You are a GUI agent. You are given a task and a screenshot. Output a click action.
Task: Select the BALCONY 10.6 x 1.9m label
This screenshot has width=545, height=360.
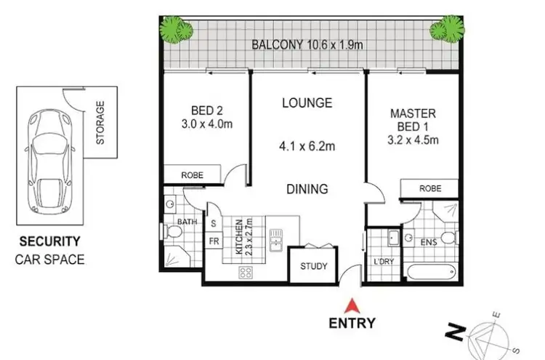click(x=307, y=44)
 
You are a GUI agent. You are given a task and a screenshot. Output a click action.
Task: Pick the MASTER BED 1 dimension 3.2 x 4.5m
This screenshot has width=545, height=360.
click(x=413, y=140)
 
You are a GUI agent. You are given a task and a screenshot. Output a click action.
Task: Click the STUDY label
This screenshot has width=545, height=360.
click(x=314, y=265)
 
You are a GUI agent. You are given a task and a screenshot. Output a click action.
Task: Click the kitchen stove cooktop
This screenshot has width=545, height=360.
click(x=246, y=273)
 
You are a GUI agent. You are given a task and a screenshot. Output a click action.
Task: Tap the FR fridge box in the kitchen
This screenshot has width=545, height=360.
click(x=215, y=239)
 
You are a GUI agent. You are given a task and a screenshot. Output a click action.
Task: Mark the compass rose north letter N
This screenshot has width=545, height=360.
click(x=456, y=333)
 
